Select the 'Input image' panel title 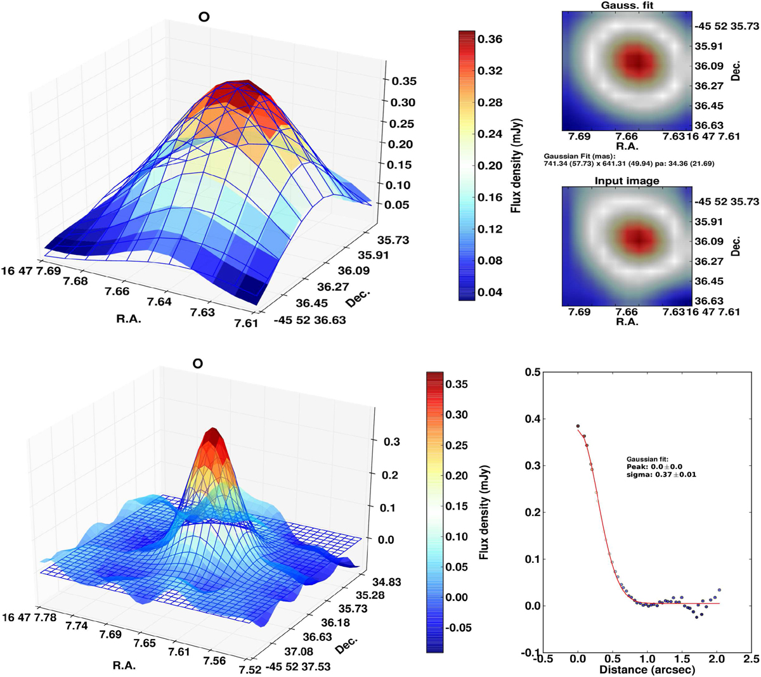click(627, 181)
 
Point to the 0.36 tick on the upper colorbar click(490, 39)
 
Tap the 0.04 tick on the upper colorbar click(490, 292)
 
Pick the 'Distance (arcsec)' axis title click(651, 669)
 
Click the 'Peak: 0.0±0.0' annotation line click(653, 467)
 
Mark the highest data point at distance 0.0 click(578, 426)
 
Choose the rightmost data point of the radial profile click(719, 590)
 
